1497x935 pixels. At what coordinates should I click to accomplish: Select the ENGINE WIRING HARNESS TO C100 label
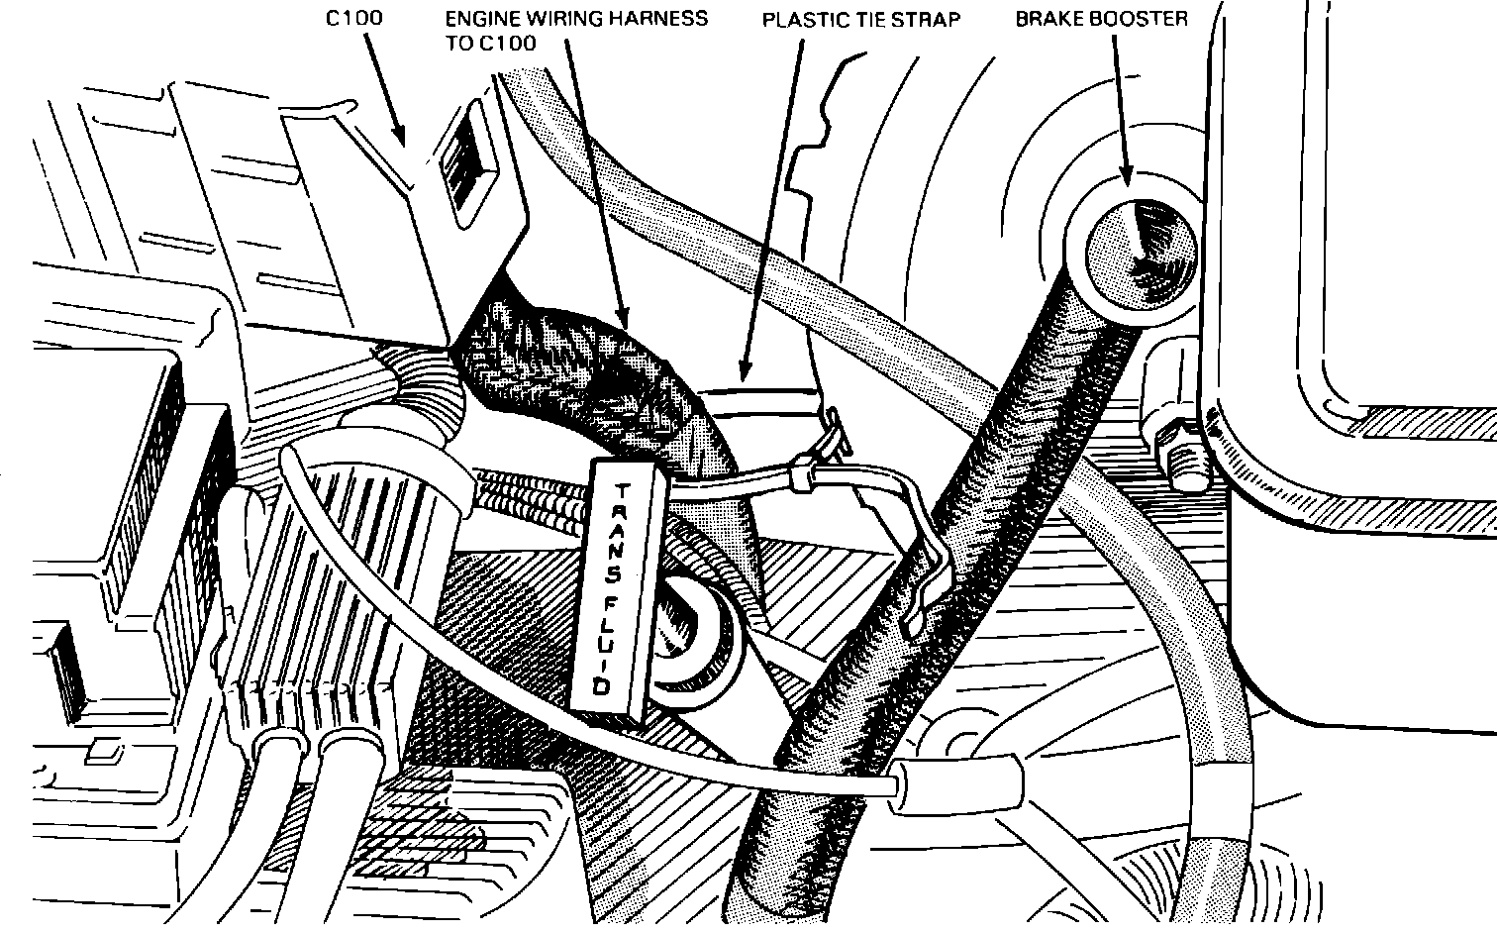(576, 31)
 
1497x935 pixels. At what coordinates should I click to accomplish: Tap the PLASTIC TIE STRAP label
(860, 20)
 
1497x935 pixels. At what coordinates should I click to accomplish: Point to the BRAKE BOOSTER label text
(1100, 19)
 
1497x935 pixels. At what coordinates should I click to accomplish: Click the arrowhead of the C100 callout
(401, 139)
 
